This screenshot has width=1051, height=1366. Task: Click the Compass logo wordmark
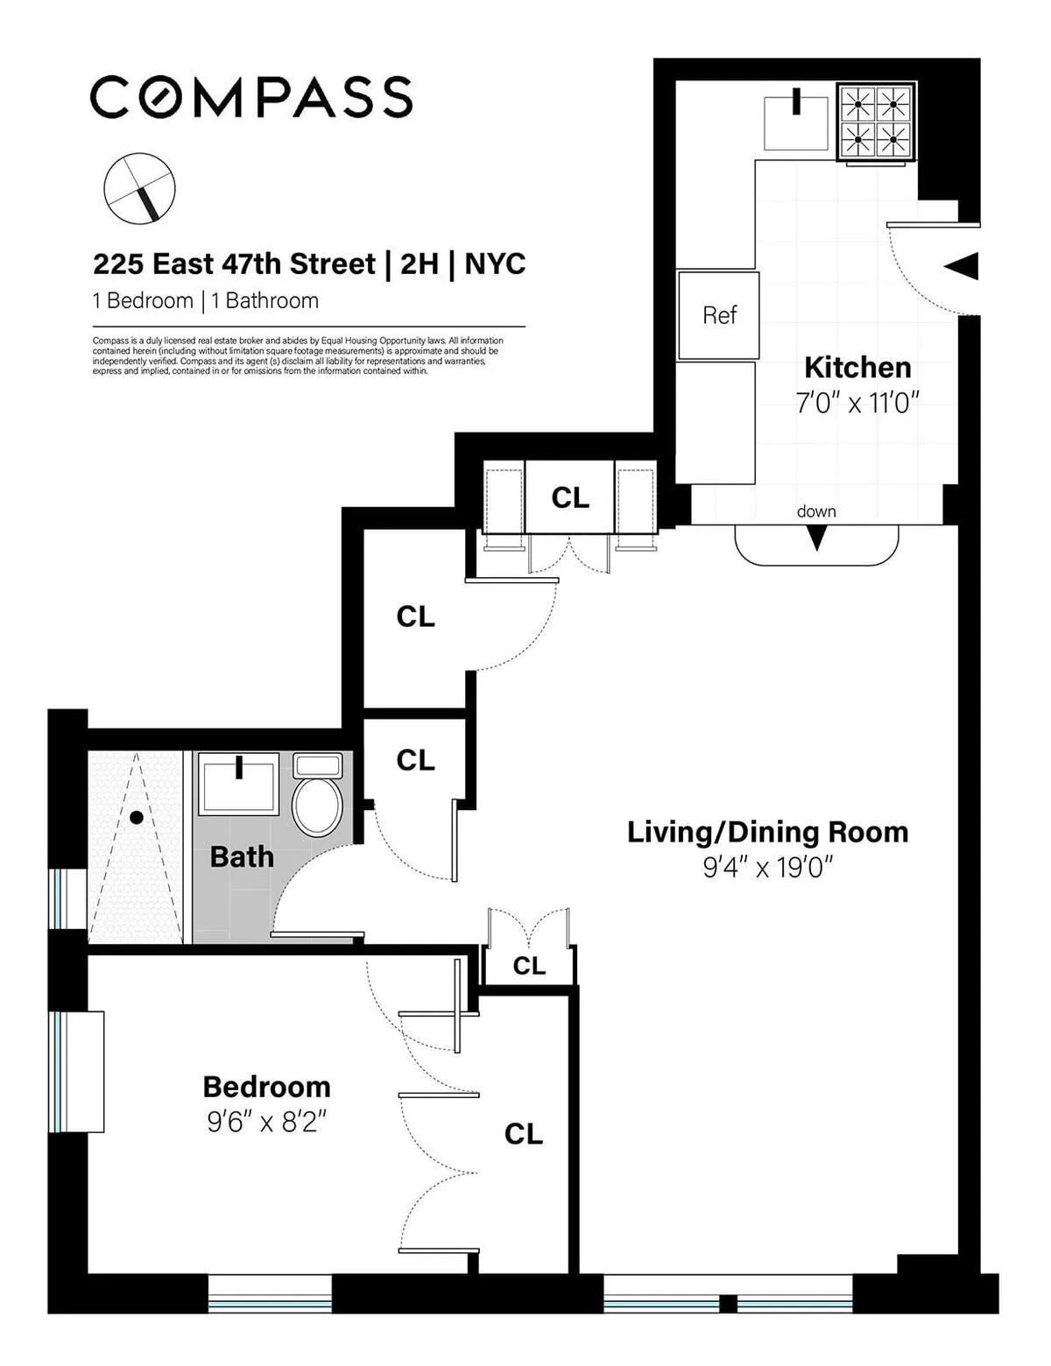251,96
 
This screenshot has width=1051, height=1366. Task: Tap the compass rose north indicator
140,188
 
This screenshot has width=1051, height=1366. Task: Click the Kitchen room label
857,367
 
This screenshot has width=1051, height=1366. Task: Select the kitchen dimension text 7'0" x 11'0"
857,404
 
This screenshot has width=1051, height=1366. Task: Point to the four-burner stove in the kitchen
876,123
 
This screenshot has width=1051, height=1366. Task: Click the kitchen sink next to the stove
796,123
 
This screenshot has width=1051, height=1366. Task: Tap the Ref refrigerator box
719,315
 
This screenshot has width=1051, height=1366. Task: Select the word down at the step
816,511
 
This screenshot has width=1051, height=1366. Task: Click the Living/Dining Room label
767,832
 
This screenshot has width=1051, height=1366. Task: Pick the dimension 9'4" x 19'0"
767,868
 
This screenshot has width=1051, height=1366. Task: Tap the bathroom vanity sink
238,784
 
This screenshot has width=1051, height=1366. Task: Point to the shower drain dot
137,818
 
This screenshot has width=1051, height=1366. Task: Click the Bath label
242,856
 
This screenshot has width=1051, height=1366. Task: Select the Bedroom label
266,1087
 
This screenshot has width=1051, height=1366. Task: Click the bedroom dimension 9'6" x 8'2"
266,1122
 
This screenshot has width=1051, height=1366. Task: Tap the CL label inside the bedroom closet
524,1134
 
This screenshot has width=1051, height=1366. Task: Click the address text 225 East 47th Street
235,264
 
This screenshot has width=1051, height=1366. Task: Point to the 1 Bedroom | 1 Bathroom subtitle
206,301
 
